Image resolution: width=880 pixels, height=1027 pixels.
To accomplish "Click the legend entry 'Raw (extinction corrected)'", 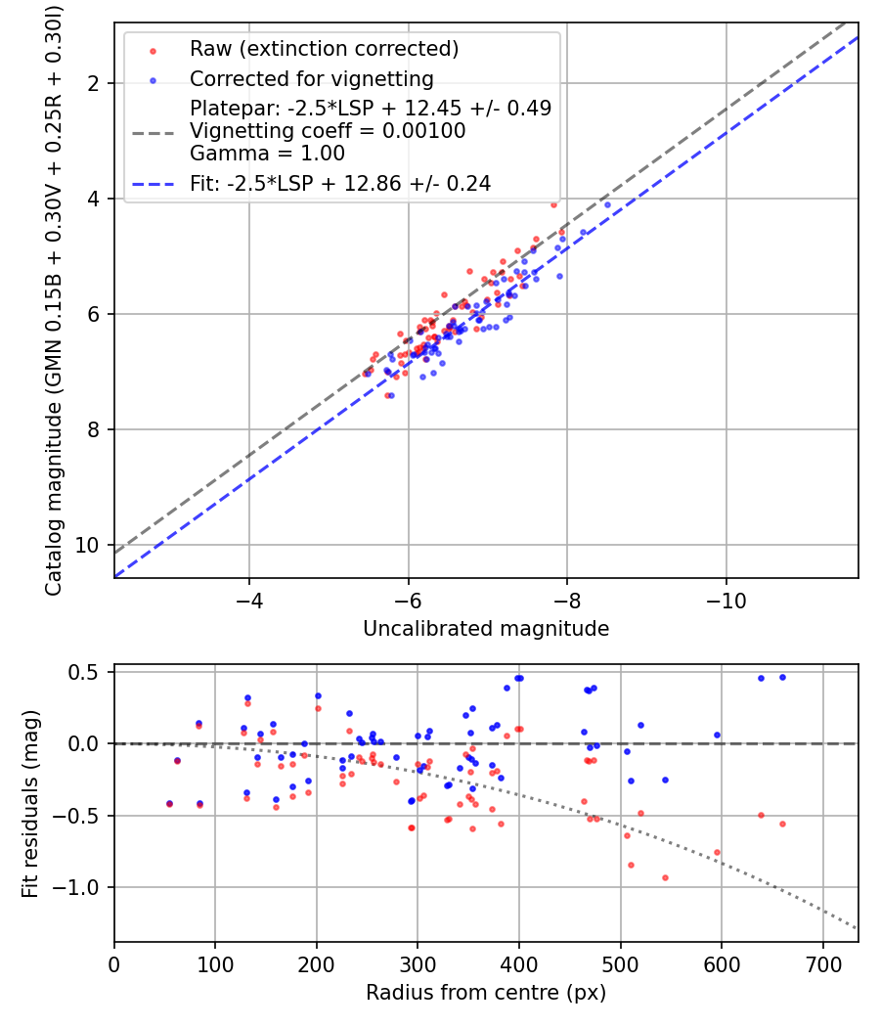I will [x=324, y=49].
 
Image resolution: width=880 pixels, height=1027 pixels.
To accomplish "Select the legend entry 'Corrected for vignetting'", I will [x=311, y=78].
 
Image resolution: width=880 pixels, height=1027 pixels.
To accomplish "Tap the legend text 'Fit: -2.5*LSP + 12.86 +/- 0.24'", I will [x=340, y=182].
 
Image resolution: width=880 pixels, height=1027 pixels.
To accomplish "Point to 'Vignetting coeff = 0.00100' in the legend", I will [x=328, y=131].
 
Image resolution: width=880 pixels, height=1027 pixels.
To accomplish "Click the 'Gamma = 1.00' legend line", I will [x=267, y=153].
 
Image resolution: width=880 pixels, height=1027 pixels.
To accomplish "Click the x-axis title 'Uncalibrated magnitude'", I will [x=486, y=629].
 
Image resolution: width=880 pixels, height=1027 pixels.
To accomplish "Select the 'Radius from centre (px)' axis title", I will [x=486, y=993].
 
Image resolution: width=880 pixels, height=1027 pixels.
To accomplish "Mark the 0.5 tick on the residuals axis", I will [x=89, y=672].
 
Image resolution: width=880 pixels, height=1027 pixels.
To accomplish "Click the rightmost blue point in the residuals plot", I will [x=782, y=677].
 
